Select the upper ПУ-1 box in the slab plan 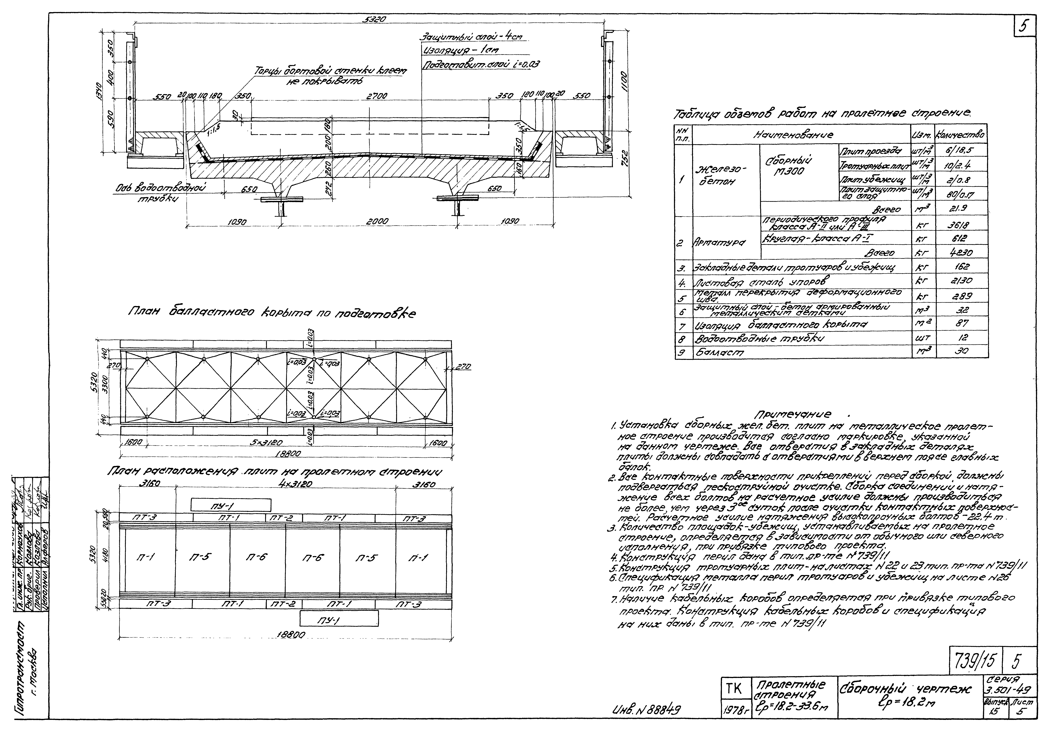tap(231, 505)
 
